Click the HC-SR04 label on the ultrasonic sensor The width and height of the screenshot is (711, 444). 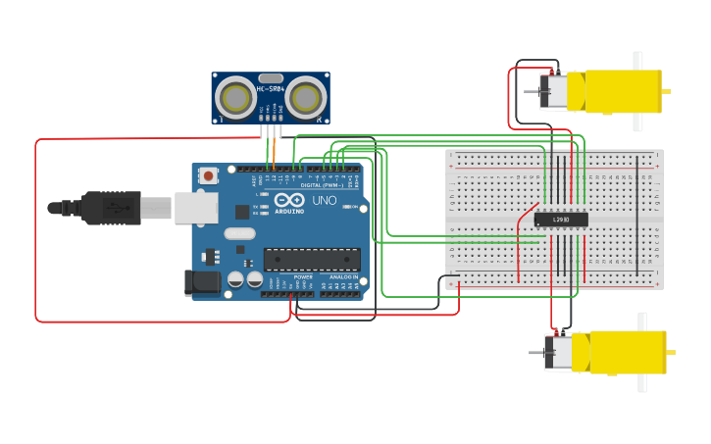point(270,89)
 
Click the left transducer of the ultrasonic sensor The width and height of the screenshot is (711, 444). point(235,97)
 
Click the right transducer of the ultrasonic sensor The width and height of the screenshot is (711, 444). point(306,97)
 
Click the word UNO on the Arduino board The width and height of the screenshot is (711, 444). point(324,201)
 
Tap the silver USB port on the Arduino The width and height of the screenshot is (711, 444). point(196,207)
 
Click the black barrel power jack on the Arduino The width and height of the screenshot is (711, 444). point(202,282)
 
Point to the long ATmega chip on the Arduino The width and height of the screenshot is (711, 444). point(311,259)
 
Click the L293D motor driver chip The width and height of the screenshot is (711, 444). point(561,220)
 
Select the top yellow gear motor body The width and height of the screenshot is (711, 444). point(618,91)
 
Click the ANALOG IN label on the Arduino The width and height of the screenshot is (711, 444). point(342,277)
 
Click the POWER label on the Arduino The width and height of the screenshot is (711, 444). point(303,277)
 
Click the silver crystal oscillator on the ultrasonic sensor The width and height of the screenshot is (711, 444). point(271,77)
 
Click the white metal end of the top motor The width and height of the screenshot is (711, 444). point(553,91)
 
